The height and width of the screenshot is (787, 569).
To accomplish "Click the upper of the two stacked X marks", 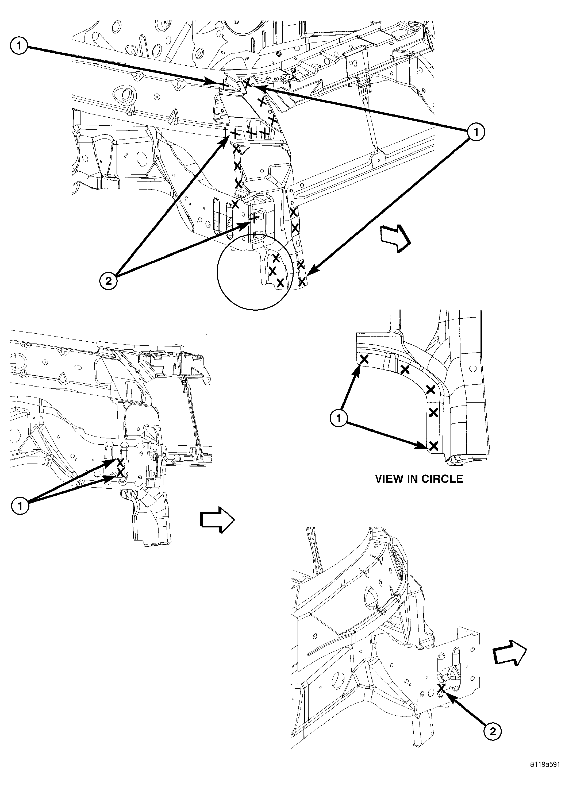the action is [x=120, y=462].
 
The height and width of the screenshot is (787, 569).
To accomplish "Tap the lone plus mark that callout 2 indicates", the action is [x=255, y=218].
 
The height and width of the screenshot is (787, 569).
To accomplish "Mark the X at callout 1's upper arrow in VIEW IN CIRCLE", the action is [x=364, y=360].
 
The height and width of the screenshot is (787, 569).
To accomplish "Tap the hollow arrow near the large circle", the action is [x=396, y=238].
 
